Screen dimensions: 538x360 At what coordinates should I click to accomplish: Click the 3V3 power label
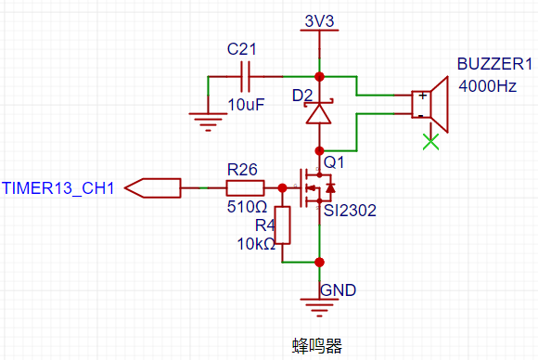pos(319,21)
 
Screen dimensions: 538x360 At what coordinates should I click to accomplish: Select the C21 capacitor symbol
pos(245,76)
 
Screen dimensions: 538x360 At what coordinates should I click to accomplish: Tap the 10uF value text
pos(246,105)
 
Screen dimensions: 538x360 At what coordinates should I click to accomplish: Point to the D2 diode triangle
pos(319,113)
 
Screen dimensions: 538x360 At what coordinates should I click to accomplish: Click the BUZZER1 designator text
pos(494,64)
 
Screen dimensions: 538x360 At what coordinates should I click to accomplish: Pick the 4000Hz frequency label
pos(488,85)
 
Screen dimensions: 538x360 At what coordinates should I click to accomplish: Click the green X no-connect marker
pos(431,142)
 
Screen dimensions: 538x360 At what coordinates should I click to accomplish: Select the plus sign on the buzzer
pos(423,96)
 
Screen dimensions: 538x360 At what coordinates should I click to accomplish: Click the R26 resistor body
pos(245,188)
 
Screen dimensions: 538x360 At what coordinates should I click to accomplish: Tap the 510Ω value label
pos(247,207)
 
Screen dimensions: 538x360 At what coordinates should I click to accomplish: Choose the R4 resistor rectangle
pos(282,225)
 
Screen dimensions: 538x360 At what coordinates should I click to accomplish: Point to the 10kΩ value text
pos(256,244)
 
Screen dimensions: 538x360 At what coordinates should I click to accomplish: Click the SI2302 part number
pos(350,211)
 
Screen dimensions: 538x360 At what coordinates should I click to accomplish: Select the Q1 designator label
pos(334,162)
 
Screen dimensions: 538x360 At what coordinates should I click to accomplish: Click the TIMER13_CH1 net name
pos(58,188)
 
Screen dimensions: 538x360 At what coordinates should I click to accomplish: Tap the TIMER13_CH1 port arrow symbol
pos(153,188)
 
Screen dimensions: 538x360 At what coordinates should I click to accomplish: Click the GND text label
pos(338,290)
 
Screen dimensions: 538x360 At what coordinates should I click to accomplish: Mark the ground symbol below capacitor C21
pos(208,122)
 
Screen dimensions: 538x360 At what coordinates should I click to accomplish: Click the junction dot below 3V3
pos(319,76)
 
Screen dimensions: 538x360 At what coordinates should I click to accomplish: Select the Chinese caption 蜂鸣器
pos(317,346)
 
